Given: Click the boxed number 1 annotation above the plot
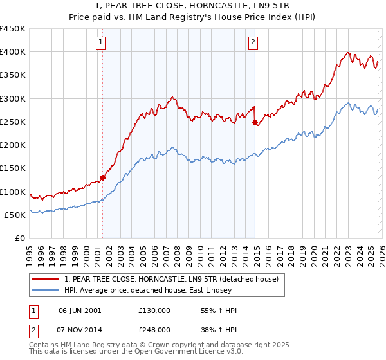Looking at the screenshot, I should [102, 43].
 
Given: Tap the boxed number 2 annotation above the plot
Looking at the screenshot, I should [253, 43].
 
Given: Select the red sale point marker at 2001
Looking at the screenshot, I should [102, 178].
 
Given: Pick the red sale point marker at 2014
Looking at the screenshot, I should [255, 122].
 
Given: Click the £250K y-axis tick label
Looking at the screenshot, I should [13, 122].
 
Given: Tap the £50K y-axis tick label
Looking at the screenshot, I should [15, 215].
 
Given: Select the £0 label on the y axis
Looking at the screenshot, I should [20, 239].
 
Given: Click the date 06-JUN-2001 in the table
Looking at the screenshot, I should [80, 310].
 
